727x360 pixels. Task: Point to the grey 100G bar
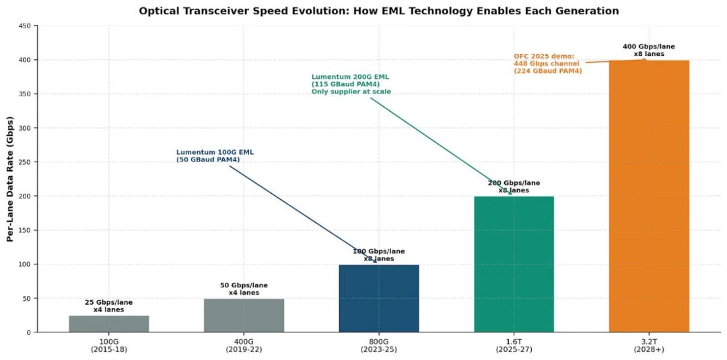pos(109,324)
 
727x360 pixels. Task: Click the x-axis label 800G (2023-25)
pos(379,346)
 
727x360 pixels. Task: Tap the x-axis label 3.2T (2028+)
pos(649,346)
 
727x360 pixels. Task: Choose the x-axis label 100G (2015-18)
pos(109,346)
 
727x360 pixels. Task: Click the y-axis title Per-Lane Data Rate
pos(10,179)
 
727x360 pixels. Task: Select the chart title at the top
pos(378,11)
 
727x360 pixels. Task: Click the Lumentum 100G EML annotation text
pos(215,156)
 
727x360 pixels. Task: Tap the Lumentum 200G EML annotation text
pos(351,84)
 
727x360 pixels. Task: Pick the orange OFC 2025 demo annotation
pos(547,64)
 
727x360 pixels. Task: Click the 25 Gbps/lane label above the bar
pos(109,306)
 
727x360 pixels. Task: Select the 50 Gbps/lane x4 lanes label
pos(244,289)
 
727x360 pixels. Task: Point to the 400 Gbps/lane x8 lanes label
pos(649,50)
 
